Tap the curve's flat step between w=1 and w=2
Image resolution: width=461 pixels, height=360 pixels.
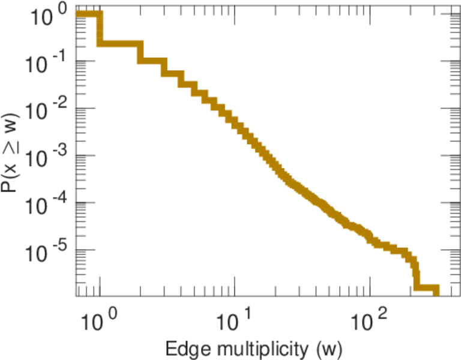click(x=120, y=44)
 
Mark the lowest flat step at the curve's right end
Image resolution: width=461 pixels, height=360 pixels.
click(x=427, y=289)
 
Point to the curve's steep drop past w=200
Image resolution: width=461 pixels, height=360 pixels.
click(x=415, y=273)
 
